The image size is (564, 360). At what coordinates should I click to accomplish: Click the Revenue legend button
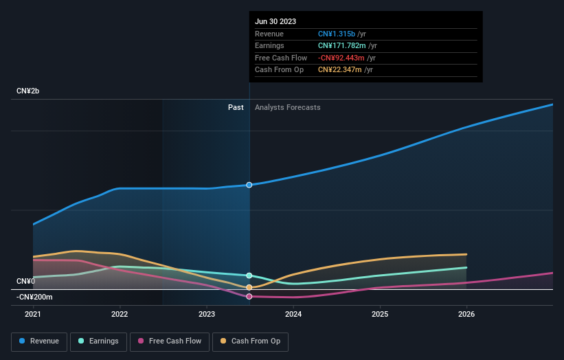tap(39, 341)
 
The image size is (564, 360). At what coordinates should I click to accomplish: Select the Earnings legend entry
tap(98, 341)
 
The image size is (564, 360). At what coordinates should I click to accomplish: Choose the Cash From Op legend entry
tap(250, 341)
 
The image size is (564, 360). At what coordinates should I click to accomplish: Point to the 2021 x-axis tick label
tap(33, 314)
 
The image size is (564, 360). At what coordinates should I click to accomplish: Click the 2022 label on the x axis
tap(120, 314)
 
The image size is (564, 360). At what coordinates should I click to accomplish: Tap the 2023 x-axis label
tap(206, 314)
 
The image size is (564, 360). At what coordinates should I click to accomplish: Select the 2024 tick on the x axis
tap(293, 314)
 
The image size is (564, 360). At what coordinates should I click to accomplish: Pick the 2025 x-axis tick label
tap(380, 314)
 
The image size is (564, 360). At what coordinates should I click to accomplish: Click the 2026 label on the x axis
tap(466, 314)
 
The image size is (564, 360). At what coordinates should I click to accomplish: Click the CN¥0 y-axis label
tap(25, 282)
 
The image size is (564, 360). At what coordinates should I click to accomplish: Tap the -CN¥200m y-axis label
tap(34, 297)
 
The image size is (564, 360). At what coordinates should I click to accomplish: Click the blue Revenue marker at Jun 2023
tap(249, 185)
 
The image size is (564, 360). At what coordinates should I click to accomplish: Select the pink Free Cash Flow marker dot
tap(249, 296)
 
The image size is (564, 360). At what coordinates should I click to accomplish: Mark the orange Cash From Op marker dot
tap(249, 287)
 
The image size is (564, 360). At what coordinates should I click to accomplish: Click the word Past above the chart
tap(236, 107)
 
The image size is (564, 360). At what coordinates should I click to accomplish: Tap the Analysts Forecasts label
tap(287, 107)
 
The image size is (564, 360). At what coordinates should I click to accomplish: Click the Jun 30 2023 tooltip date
tap(275, 21)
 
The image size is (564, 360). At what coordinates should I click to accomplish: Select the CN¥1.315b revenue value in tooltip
tap(337, 34)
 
